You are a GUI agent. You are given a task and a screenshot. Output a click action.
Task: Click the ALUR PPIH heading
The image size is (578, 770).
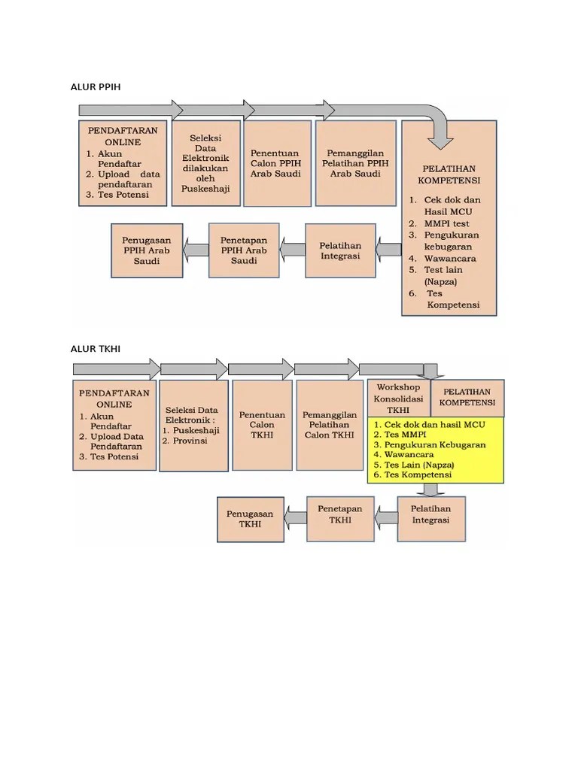click(x=96, y=87)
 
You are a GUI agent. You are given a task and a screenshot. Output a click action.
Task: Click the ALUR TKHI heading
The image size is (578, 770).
click(x=96, y=349)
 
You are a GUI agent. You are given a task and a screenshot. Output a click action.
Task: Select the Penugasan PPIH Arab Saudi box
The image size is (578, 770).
click(x=147, y=251)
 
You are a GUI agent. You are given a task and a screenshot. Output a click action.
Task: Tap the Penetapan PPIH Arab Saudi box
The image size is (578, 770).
click(x=244, y=250)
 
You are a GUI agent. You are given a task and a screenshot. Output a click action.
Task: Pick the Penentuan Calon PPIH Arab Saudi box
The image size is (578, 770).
click(x=277, y=163)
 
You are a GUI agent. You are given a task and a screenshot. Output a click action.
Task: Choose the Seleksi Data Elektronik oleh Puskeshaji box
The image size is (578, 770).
click(x=206, y=163)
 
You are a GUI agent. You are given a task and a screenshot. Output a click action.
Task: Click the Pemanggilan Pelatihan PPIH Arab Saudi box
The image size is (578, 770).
click(x=355, y=163)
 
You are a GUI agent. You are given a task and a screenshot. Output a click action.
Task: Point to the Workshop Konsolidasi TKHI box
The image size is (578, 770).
click(x=399, y=399)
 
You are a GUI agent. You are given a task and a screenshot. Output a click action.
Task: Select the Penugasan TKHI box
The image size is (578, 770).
click(x=250, y=520)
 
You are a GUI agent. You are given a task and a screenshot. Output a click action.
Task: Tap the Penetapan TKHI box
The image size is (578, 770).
click(x=340, y=519)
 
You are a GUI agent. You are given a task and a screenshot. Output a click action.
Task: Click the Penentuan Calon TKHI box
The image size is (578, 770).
click(x=262, y=426)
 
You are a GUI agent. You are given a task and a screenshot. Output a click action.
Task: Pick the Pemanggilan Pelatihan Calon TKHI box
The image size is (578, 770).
click(x=330, y=426)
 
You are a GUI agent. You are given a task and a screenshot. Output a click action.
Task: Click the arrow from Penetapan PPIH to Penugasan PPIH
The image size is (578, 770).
click(x=196, y=250)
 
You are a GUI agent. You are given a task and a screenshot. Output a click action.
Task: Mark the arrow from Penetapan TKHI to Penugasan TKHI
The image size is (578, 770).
click(x=295, y=519)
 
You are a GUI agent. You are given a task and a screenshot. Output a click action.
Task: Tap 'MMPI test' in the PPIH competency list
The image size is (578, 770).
click(x=447, y=223)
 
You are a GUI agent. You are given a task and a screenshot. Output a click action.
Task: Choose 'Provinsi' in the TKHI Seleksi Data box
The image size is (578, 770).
click(x=190, y=441)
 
